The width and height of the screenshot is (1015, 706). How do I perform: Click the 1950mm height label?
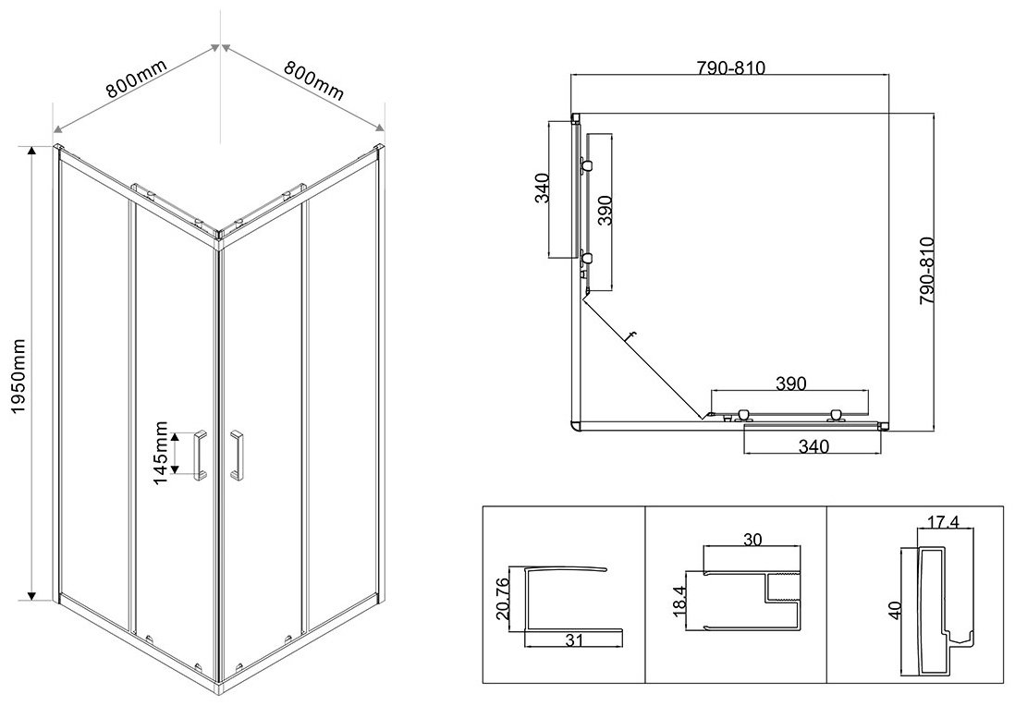click(18, 376)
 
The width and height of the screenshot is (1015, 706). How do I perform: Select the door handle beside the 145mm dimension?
click(200, 455)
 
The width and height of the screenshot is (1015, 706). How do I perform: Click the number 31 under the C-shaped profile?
click(574, 640)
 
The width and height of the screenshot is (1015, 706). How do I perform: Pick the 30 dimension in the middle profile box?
click(752, 539)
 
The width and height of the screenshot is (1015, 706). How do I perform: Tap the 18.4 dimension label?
click(679, 600)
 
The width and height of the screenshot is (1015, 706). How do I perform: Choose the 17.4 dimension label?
click(943, 521)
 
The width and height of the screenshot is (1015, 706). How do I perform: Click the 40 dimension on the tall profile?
click(895, 610)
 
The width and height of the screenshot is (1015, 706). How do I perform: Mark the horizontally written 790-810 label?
click(730, 68)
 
